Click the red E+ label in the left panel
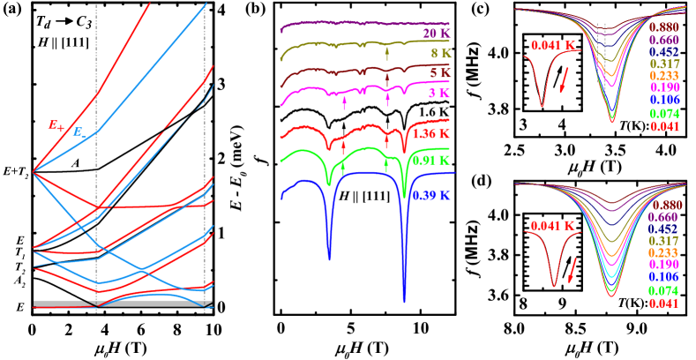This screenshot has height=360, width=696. point(56,126)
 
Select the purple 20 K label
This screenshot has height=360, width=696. point(436,34)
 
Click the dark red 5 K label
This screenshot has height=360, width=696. point(438,73)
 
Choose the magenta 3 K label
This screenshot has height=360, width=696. point(438,93)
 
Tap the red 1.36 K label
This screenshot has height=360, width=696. point(430,135)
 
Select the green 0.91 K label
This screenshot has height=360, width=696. point(430,161)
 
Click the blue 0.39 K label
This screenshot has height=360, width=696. point(430,196)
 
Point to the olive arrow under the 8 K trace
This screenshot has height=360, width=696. point(387,56)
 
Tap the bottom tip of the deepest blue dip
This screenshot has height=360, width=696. point(405,300)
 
